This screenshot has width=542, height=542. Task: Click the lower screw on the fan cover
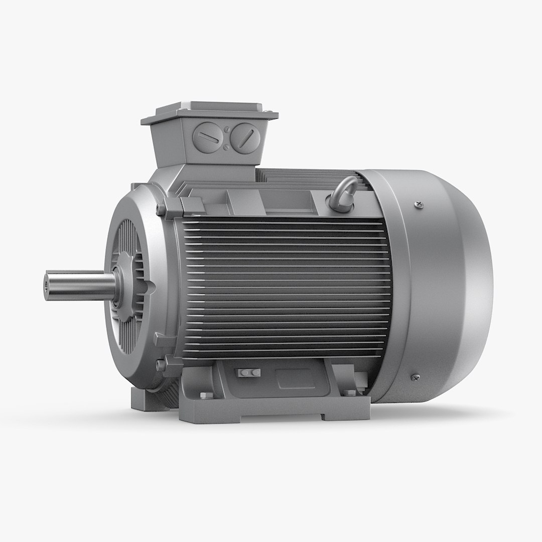tap(415, 377)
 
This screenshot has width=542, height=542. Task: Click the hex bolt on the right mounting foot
tap(350, 392)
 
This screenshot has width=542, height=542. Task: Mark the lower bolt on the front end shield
tap(162, 362)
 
